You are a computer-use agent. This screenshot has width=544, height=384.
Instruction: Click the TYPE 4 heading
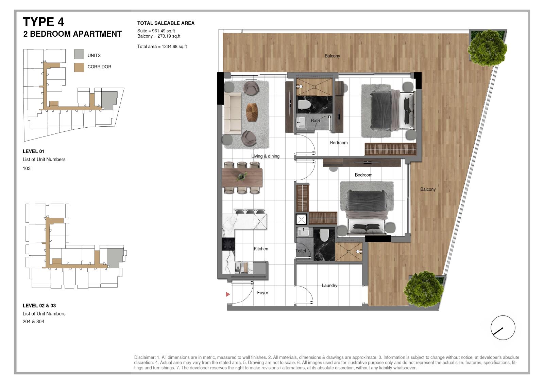[44, 22]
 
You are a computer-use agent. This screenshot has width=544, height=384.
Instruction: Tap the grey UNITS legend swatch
[79, 54]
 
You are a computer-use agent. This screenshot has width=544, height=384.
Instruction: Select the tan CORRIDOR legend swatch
[79, 68]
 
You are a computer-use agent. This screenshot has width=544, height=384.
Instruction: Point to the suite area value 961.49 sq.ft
[164, 31]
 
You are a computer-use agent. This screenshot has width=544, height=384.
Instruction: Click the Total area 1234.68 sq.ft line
[162, 47]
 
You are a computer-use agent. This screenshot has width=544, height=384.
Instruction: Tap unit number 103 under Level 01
[27, 168]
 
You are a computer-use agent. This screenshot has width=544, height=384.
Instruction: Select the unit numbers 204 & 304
[34, 322]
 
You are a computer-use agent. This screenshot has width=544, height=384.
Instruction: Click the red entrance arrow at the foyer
[227, 294]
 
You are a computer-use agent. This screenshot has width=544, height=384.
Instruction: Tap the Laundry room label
[329, 286]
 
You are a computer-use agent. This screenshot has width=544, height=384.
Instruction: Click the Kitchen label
[261, 249]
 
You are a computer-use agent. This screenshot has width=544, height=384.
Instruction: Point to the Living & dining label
[265, 156]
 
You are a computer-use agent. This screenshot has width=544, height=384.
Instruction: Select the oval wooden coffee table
[252, 112]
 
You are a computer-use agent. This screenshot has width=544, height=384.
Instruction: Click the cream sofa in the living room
[233, 113]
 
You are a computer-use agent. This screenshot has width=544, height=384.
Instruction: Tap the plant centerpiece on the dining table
[242, 176]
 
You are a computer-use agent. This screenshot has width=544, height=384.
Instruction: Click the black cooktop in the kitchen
[228, 244]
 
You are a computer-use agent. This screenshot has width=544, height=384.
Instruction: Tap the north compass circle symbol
[503, 328]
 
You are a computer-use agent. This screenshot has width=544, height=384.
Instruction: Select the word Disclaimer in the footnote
[144, 357]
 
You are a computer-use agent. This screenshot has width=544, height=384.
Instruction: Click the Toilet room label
[301, 251]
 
